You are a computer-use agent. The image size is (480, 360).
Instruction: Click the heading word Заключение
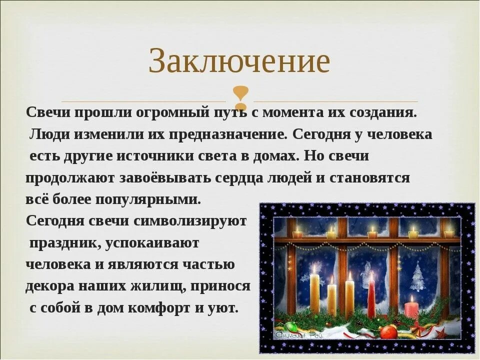pyautogui.click(x=239, y=62)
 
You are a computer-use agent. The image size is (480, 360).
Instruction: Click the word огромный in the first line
pyautogui.click(x=166, y=112)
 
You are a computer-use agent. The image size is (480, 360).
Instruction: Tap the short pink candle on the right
pyautogui.click(x=411, y=306)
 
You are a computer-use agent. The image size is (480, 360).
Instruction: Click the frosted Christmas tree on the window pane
pyautogui.click(x=416, y=277)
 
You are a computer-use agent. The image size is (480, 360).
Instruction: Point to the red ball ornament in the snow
pyautogui.click(x=388, y=332)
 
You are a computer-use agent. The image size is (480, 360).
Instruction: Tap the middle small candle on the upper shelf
pyautogui.click(x=372, y=233)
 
